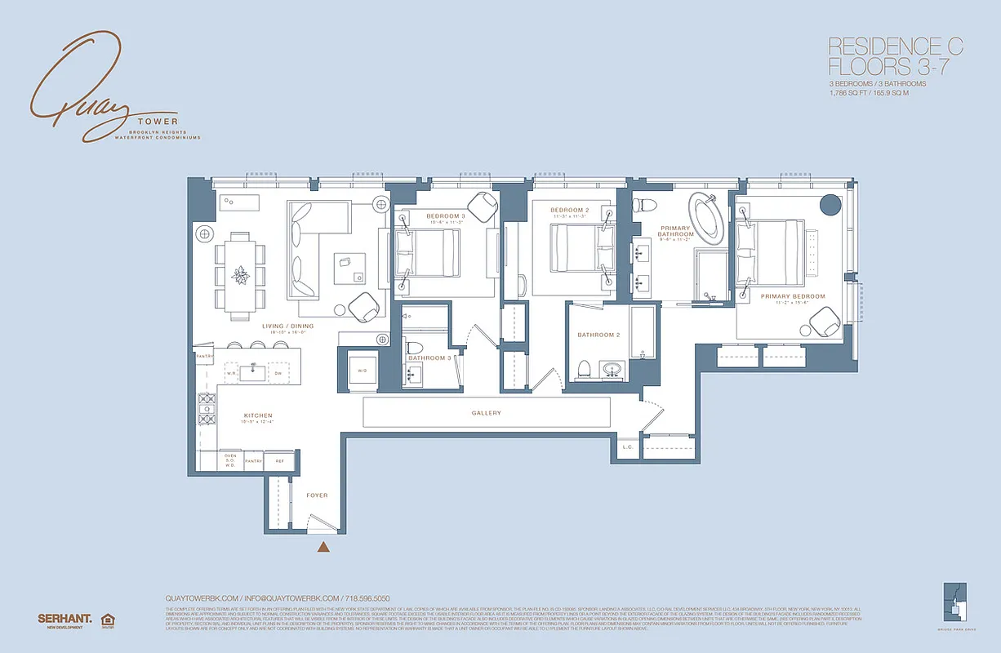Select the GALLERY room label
[486, 413]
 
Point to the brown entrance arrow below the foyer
[324, 549]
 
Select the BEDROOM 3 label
[445, 216]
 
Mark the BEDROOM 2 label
[569, 211]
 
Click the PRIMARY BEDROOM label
[792, 296]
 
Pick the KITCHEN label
[257, 416]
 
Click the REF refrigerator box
[279, 461]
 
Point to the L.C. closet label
[627, 446]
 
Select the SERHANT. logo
[62, 619]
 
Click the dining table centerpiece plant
[240, 274]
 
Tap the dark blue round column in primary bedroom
[830, 203]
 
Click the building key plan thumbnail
[954, 602]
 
